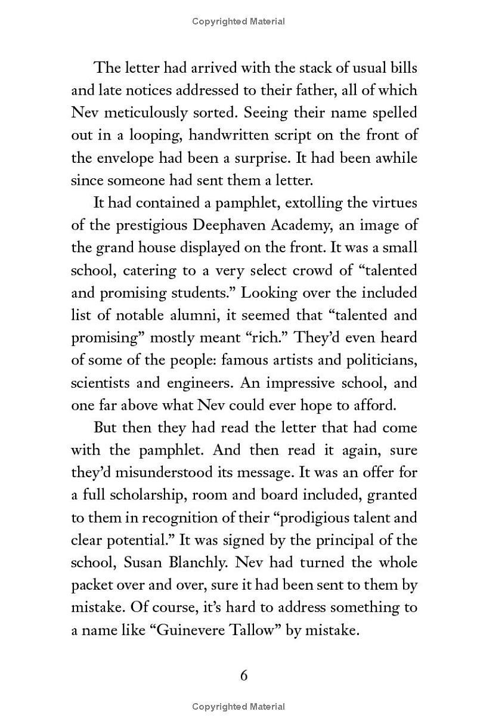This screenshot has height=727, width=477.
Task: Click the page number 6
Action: point(243,675)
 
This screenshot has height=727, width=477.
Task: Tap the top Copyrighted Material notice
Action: point(238,21)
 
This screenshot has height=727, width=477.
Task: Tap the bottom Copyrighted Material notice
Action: point(238,707)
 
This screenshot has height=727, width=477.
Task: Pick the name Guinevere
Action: point(190,630)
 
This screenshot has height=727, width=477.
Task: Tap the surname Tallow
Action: point(255,630)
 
